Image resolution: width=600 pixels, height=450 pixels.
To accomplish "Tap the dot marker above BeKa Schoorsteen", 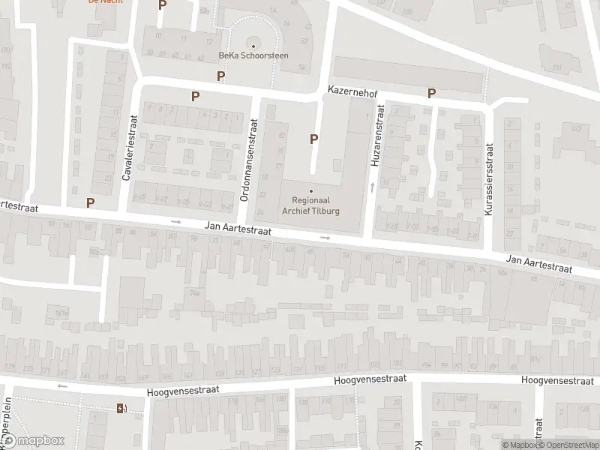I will click(x=253, y=46).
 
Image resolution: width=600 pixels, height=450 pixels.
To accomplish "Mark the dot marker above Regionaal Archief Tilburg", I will click(x=311, y=190).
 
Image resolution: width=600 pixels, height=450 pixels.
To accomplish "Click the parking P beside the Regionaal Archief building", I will click(x=313, y=139).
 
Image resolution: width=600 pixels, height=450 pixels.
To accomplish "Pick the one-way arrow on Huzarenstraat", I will click(x=373, y=186).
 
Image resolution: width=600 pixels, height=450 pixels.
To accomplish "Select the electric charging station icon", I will click(x=120, y=409).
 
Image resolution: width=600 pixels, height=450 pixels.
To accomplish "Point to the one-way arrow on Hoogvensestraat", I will click(x=62, y=386).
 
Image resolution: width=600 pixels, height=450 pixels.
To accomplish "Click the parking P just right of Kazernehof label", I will click(x=431, y=94).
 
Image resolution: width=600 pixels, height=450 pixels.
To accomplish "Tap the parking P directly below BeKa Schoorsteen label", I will click(x=220, y=76).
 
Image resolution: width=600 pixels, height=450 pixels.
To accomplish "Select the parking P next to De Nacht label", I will click(x=162, y=5).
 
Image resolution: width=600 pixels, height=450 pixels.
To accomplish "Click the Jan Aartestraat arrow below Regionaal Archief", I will click(x=325, y=238).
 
